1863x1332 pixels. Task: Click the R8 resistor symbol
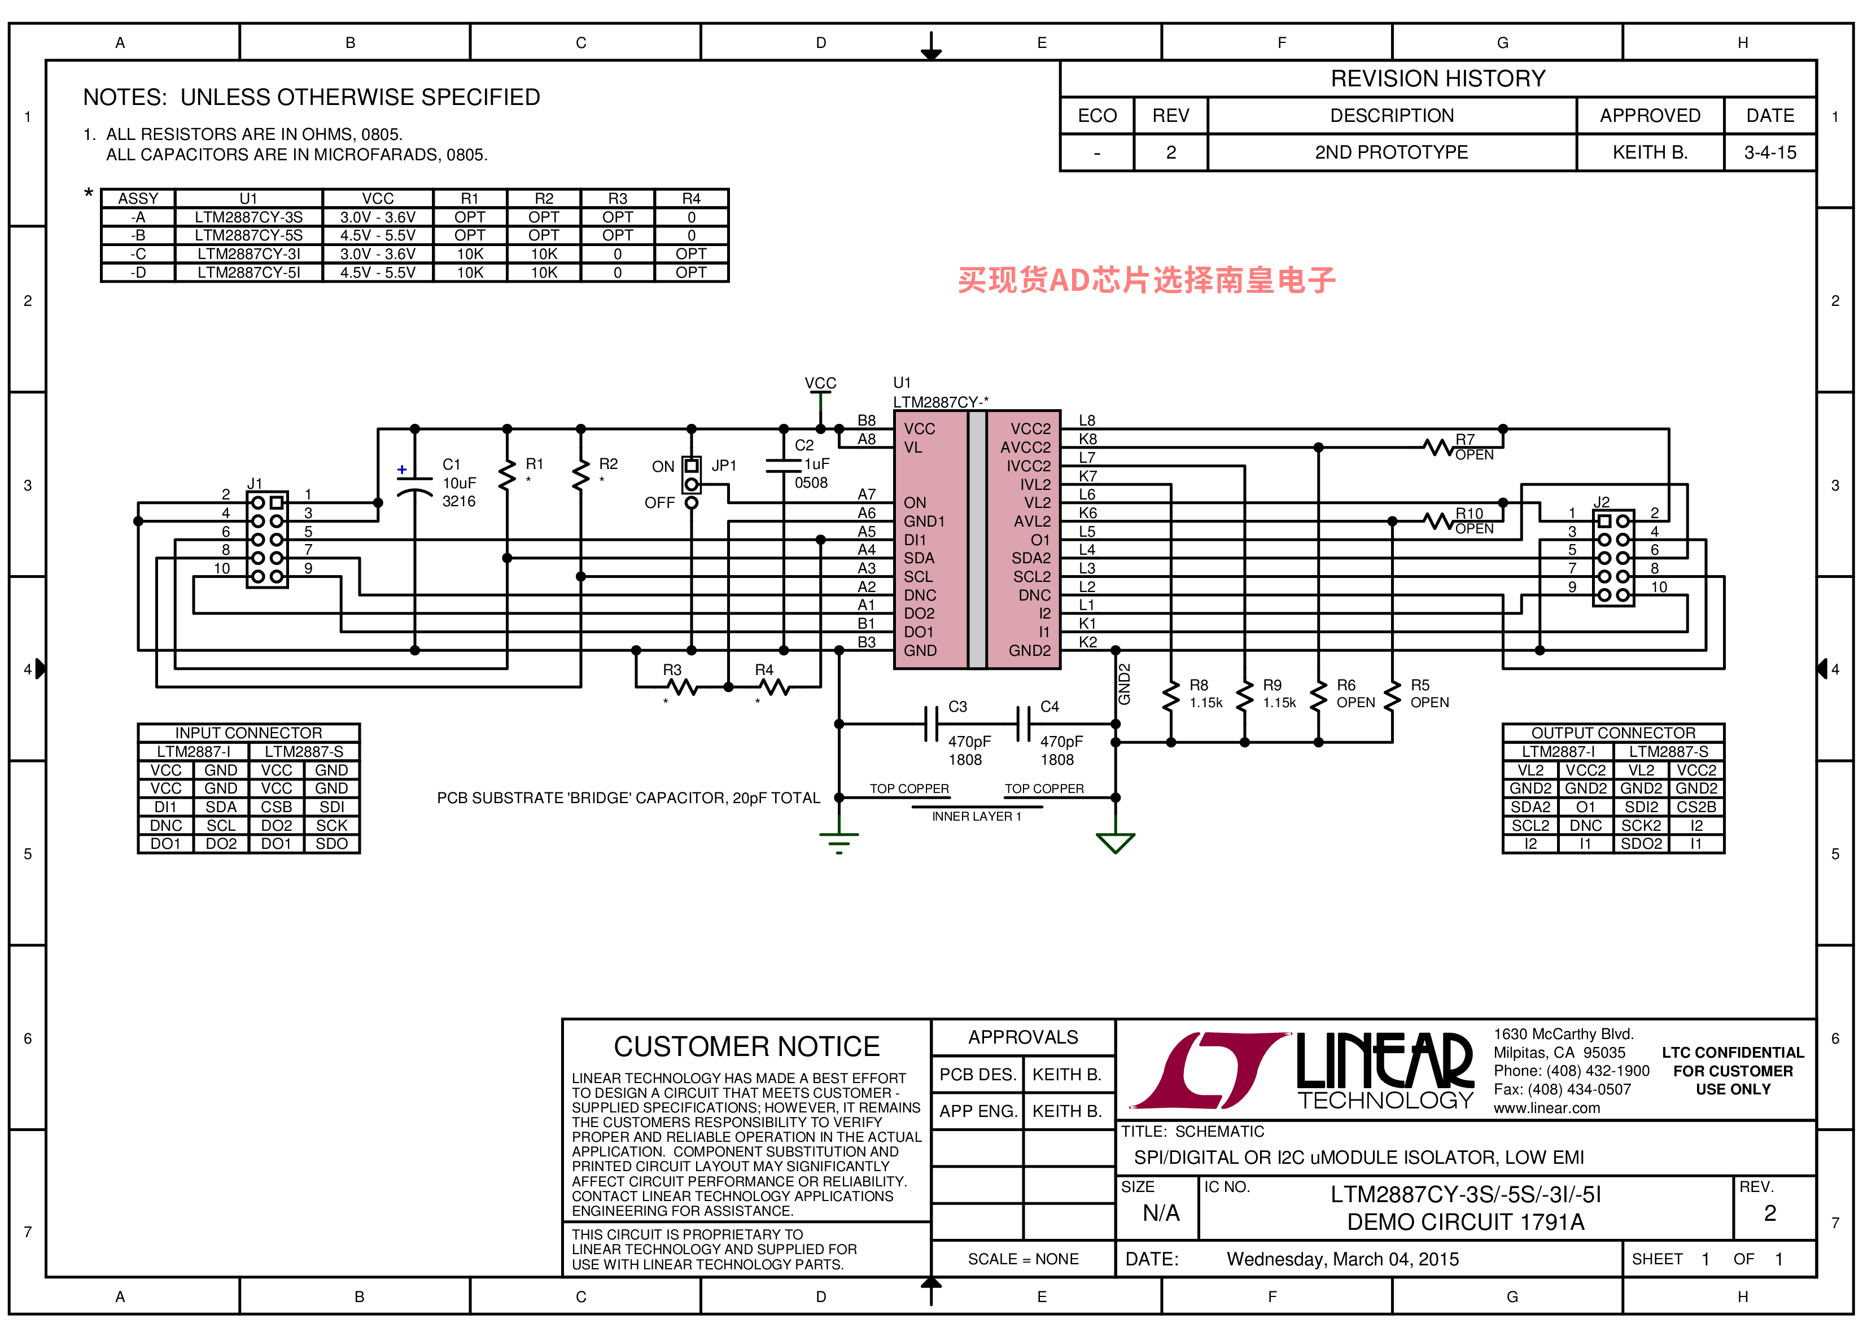pos(1171,695)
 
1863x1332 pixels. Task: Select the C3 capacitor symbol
pos(931,724)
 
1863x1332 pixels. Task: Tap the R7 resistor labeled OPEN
pos(1439,447)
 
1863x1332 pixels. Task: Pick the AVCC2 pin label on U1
pos(1025,447)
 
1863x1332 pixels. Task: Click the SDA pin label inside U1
pos(919,558)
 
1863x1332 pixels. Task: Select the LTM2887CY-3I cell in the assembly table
pos(248,254)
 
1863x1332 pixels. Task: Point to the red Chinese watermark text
pos(1147,281)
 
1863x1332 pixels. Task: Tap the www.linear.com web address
pos(1546,1108)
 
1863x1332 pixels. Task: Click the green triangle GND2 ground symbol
pos(1116,843)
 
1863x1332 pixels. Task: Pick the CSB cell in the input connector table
pos(277,807)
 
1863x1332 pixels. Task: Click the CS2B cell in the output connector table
pos(1696,807)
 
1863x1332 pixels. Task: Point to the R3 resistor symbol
pos(682,687)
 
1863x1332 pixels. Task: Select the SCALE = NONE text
pos(1023,1259)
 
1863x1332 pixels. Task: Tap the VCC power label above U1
pos(820,383)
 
